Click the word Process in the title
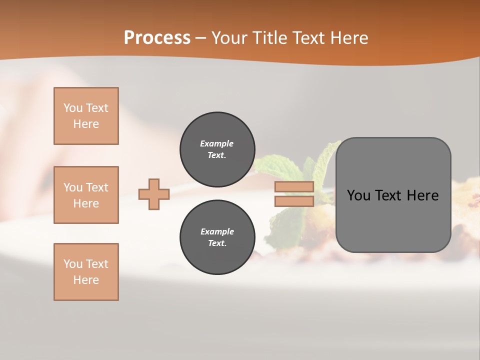(x=157, y=38)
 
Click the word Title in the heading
(x=269, y=38)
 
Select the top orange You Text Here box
(x=86, y=116)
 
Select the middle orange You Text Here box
(x=86, y=195)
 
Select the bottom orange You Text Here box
(x=86, y=272)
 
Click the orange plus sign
(x=154, y=194)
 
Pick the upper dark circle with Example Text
(x=217, y=149)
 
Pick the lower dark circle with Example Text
(x=217, y=237)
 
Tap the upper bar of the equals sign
(x=294, y=187)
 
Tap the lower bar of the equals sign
(x=294, y=201)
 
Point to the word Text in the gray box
(x=390, y=195)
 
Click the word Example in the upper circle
(x=217, y=143)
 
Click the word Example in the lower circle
(x=217, y=231)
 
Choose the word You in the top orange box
(x=73, y=108)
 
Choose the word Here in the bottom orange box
(x=86, y=280)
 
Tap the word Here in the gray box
(x=422, y=195)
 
